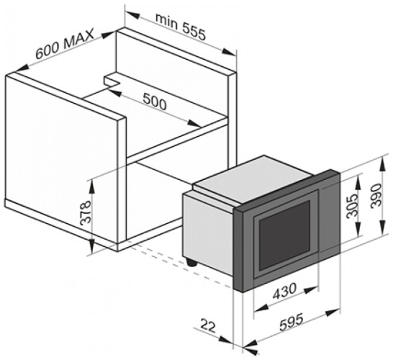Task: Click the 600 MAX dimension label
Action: tap(65, 44)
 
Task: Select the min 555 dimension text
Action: tap(181, 27)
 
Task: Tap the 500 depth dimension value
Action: tap(154, 102)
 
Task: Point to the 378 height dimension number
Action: tap(85, 212)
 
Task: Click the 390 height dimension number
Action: tap(376, 195)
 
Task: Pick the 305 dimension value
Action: tap(352, 206)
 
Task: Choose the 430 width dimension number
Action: tap(284, 291)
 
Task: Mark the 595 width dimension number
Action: tap(292, 322)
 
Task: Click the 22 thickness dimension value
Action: tap(208, 326)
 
